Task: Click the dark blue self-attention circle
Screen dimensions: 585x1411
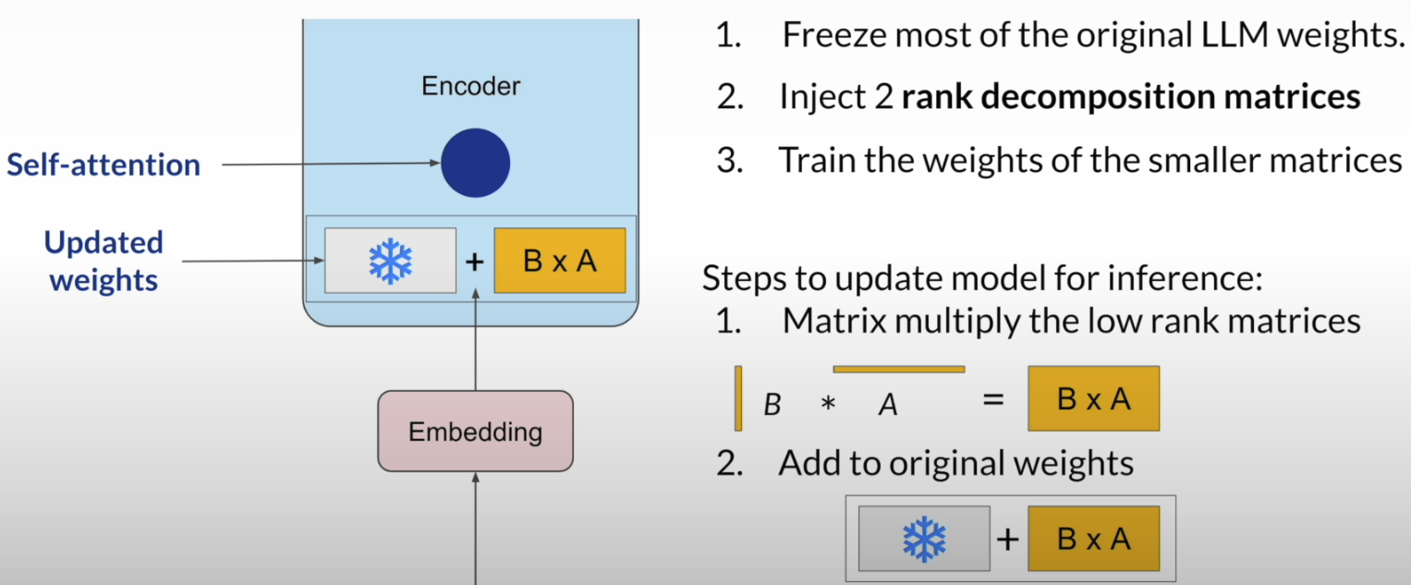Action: coord(475,164)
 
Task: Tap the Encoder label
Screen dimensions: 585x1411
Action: coord(470,86)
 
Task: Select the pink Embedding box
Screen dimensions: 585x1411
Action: coord(475,431)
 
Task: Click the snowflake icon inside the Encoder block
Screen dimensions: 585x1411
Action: coord(390,261)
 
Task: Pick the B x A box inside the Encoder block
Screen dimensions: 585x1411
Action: coord(560,261)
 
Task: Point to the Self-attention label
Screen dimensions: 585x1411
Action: coord(103,165)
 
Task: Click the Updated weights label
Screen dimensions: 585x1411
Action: coord(103,262)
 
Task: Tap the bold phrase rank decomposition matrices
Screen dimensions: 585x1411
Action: coord(1131,97)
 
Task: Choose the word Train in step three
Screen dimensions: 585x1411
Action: coord(821,160)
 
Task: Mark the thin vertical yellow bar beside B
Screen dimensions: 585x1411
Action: coord(738,398)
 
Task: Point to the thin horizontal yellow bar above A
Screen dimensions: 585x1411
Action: coord(898,370)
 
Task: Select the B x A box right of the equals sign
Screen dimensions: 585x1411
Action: coord(1093,399)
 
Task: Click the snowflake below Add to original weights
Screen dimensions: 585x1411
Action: coord(924,539)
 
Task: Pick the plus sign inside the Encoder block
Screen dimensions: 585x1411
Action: coord(474,262)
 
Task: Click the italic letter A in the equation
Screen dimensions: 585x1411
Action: coord(888,406)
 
